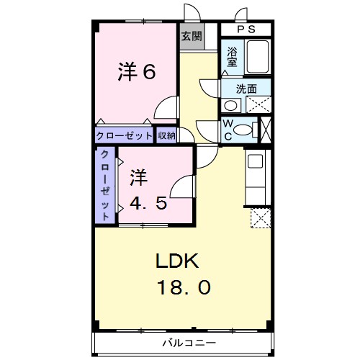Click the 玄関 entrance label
(x=191, y=35)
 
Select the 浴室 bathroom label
(x=233, y=56)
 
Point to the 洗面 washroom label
(x=248, y=89)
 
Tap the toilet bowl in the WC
(x=245, y=130)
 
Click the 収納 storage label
(x=166, y=135)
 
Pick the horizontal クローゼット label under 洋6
(x=124, y=135)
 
